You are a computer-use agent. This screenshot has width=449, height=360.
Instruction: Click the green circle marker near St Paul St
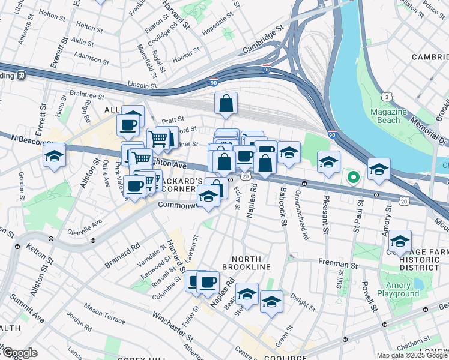click(354, 176)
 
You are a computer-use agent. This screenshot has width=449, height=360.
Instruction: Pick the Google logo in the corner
click(19, 353)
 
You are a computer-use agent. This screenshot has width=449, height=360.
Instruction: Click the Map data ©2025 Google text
click(412, 355)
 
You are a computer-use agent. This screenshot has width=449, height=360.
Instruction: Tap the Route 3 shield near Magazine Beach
click(387, 97)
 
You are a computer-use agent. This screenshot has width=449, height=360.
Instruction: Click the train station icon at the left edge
click(22, 76)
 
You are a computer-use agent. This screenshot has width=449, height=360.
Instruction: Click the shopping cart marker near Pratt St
click(158, 139)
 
